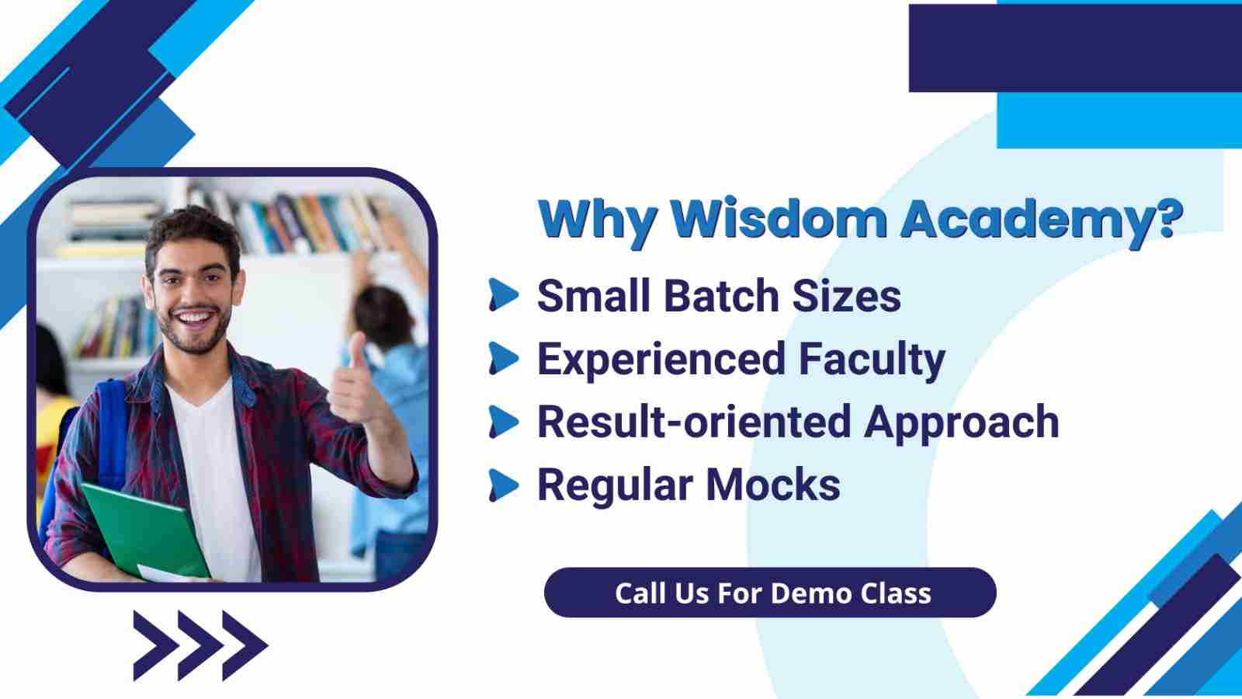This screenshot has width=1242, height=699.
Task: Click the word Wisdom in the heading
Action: point(779,219)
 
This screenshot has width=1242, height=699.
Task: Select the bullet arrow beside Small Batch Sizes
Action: point(504,294)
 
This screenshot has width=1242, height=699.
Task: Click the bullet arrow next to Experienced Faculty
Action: point(504,358)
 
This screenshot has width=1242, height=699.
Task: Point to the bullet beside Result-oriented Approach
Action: point(504,422)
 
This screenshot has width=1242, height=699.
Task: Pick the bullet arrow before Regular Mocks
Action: point(504,485)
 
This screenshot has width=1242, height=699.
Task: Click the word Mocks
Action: point(773,485)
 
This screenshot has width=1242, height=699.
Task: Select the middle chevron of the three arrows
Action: point(200,645)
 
